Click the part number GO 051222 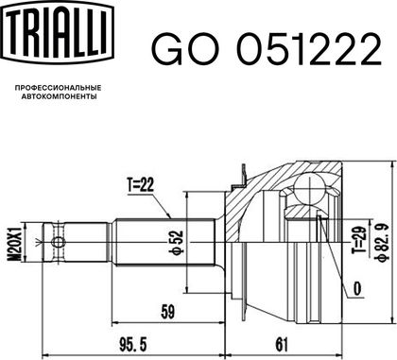click(x=267, y=49)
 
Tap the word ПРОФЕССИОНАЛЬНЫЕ click(x=59, y=88)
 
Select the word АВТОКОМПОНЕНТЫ click(x=59, y=96)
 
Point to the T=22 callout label click(x=141, y=185)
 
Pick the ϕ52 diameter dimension click(x=178, y=242)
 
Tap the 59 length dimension click(x=167, y=312)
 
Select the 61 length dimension click(x=282, y=345)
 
